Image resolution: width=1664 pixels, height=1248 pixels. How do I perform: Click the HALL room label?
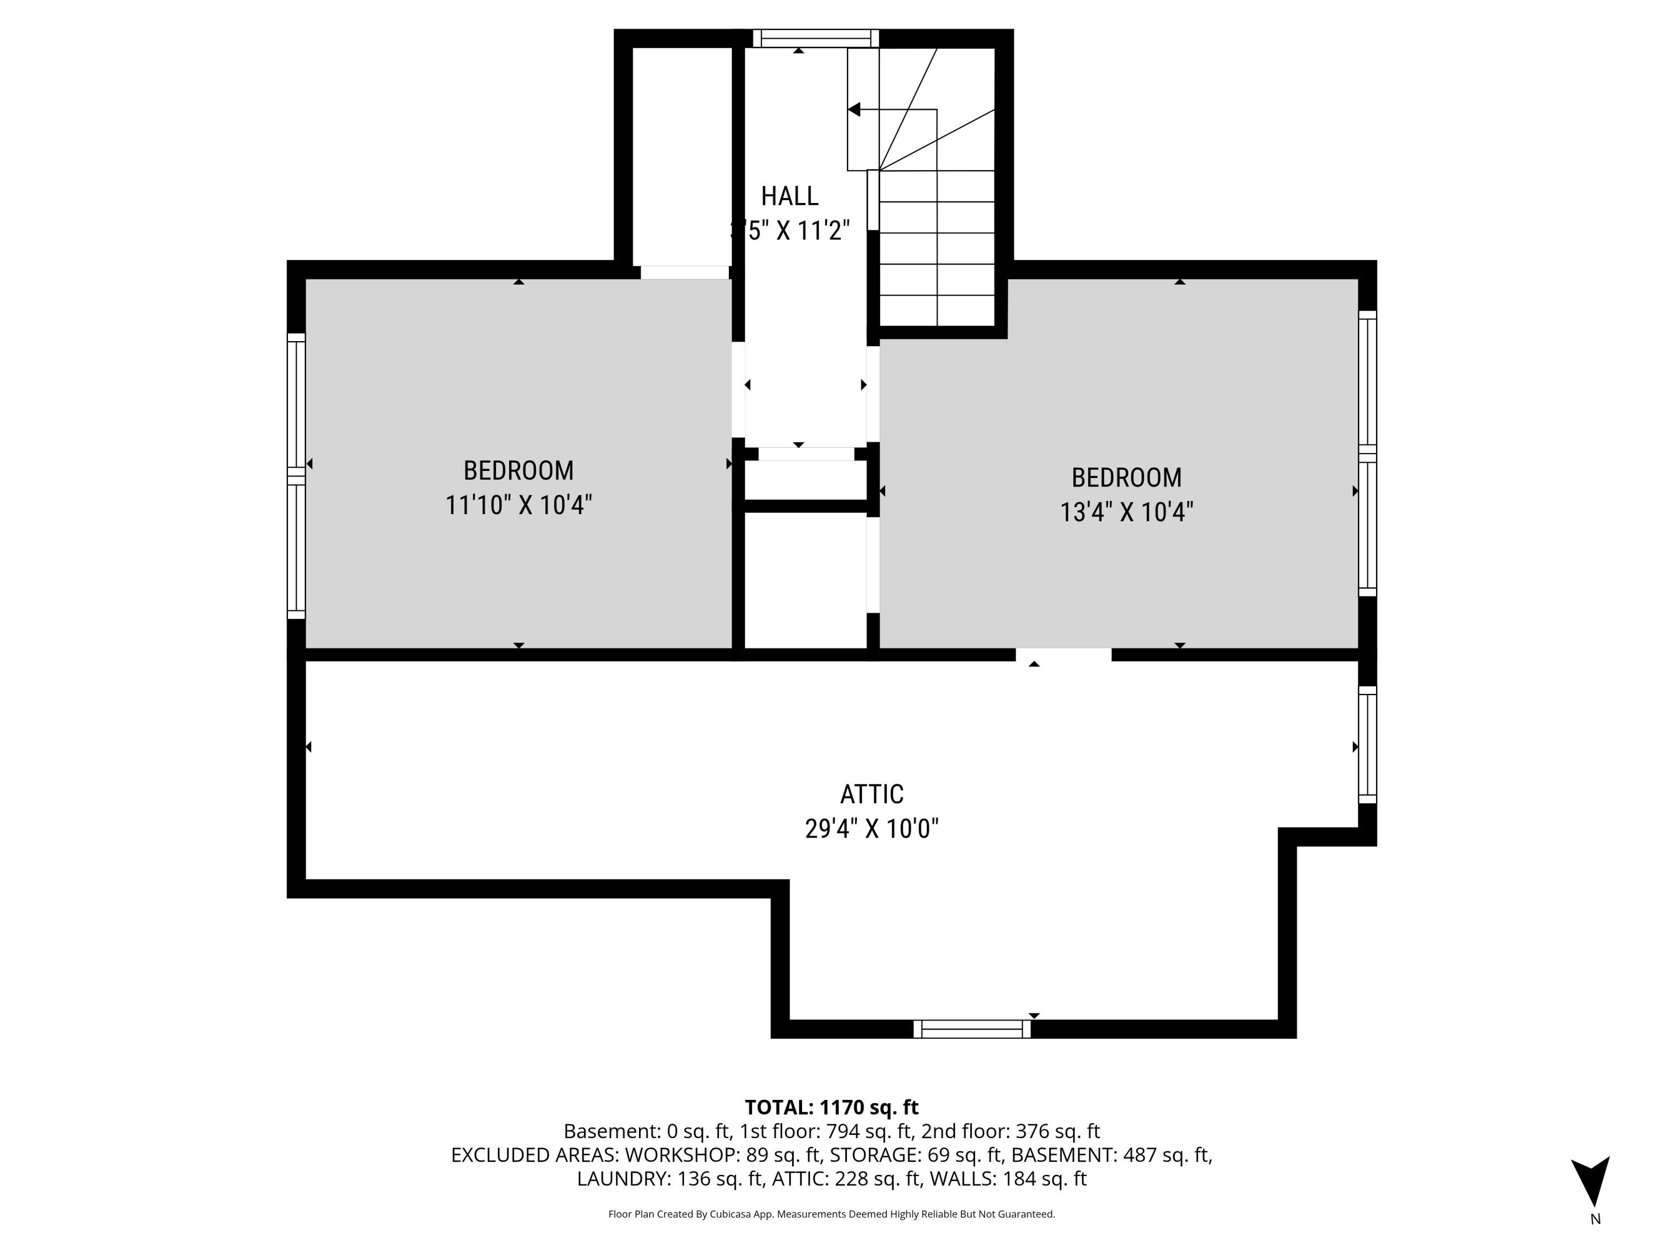tap(789, 196)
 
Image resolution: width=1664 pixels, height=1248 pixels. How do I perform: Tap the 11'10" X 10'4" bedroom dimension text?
tap(518, 505)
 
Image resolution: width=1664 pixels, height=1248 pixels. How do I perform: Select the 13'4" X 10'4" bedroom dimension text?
tap(1126, 513)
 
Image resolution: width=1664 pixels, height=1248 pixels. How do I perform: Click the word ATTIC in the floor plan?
tap(871, 794)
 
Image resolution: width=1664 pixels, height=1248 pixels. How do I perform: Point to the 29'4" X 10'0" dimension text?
tap(871, 829)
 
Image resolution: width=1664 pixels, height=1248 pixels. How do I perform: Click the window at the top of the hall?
tap(815, 38)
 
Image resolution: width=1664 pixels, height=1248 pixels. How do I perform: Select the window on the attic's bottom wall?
tap(971, 1029)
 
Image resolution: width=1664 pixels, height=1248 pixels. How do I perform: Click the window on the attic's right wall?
tap(1367, 745)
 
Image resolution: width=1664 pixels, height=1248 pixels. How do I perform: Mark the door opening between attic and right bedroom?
tap(1063, 655)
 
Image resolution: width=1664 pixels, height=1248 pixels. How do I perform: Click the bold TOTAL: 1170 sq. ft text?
tap(831, 1107)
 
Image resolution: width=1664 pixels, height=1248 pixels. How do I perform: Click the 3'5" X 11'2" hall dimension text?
tap(790, 230)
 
